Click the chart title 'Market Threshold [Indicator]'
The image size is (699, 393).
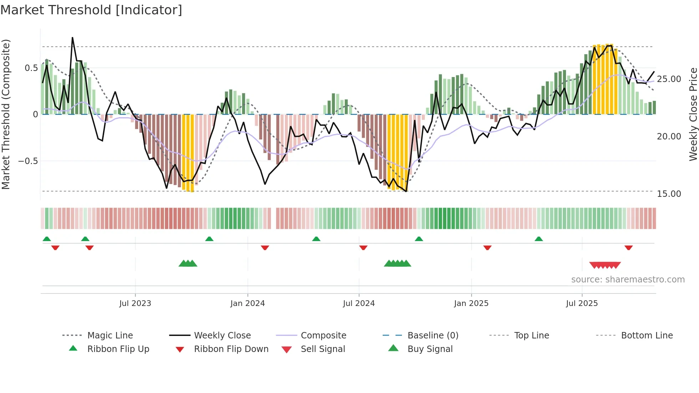[x=91, y=10]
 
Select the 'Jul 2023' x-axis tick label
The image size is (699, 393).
[x=135, y=303]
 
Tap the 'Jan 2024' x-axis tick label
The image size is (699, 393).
[x=248, y=303]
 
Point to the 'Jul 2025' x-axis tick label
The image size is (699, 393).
[x=582, y=303]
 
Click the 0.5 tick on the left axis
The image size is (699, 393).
[x=31, y=68]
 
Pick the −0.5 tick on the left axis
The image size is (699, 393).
[x=28, y=161]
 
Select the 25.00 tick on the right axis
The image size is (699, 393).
[x=669, y=79]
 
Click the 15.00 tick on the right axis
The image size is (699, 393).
[x=669, y=194]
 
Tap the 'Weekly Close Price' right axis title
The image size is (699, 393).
[x=693, y=114]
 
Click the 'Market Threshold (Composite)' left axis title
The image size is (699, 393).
[x=6, y=114]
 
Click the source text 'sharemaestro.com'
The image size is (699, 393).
[x=628, y=280]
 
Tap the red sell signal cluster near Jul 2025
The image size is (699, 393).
[x=605, y=265]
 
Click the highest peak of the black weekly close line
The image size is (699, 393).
[x=72, y=38]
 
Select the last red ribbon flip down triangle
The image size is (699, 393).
[x=628, y=247]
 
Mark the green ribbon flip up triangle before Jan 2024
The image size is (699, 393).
[x=209, y=239]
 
